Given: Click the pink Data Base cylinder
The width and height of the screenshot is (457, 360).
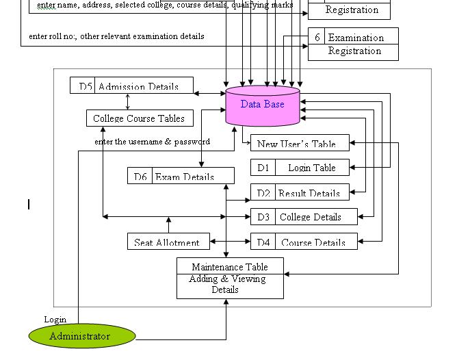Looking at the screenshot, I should [263, 105].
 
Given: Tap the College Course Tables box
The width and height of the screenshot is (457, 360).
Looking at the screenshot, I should [139, 118].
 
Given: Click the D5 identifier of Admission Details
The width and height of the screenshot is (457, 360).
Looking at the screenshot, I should [85, 87].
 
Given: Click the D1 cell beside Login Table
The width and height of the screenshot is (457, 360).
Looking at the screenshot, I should [263, 168].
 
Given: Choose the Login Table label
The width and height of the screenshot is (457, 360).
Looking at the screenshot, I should [312, 168].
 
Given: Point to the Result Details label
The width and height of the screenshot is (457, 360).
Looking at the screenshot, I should [309, 194].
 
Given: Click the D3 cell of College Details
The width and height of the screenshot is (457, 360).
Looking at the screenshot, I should [263, 217].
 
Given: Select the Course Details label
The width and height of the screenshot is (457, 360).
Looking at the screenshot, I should [311, 243].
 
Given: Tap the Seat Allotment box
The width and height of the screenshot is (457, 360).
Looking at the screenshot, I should [167, 242].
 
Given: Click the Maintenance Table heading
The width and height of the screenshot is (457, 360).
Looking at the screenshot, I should [230, 267].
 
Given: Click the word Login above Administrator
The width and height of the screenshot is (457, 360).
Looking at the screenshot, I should [55, 320].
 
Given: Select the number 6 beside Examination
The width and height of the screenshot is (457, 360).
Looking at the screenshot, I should [317, 38].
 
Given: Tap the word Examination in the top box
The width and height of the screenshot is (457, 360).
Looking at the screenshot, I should [356, 38].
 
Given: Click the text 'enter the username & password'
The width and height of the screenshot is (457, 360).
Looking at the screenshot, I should [152, 142].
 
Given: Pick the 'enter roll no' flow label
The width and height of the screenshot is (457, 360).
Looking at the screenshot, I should [116, 36].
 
